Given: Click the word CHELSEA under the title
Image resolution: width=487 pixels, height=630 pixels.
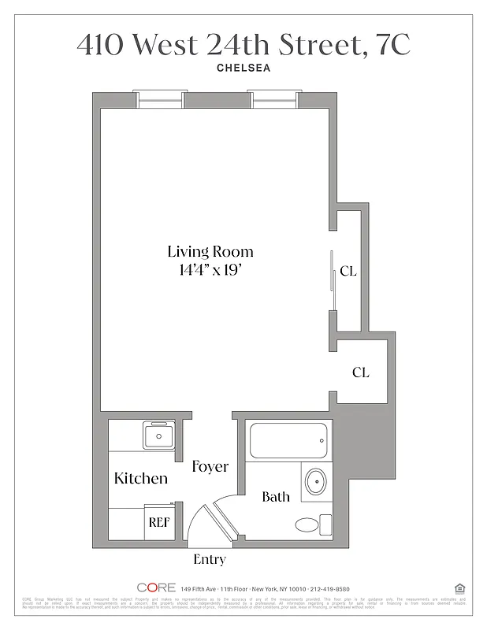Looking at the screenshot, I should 243,68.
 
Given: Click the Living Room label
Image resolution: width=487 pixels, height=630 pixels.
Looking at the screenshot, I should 210,252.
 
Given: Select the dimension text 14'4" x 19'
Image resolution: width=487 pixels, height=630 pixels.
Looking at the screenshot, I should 210,271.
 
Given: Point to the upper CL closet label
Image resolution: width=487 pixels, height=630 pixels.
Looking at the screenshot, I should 348,272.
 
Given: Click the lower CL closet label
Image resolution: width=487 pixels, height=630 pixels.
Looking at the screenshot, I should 360,372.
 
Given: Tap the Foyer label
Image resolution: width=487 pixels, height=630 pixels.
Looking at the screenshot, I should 210,467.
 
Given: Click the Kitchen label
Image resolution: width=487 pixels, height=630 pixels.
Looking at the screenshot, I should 141,478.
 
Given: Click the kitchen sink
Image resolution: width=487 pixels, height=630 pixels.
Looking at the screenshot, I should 160,435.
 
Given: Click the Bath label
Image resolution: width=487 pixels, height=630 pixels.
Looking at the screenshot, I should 276,497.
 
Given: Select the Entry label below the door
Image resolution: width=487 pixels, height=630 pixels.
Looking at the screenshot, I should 210,560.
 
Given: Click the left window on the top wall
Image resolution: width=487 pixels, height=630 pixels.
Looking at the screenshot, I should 159,99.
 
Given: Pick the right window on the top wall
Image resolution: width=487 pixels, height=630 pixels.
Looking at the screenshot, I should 273,99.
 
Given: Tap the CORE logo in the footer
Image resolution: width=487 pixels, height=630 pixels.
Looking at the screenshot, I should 156,587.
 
